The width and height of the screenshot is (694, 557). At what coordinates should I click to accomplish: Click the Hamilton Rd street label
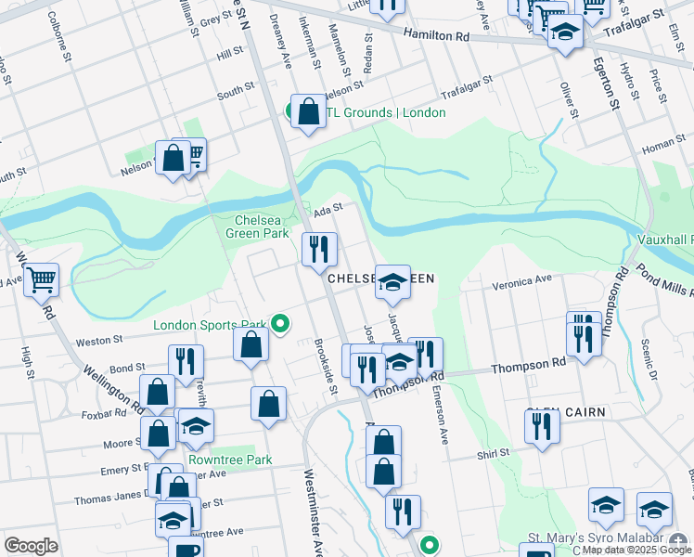436,34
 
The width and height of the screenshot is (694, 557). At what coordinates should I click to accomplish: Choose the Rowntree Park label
230,460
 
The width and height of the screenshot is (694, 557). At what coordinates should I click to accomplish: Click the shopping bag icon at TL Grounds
309,111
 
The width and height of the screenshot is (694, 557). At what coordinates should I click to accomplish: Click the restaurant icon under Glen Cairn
541,426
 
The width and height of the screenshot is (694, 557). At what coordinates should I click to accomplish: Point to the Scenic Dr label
649,360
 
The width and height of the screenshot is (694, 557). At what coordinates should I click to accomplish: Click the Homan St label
662,143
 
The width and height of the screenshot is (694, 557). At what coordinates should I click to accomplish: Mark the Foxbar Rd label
103,415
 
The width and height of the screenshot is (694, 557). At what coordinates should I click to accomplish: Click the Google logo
32,546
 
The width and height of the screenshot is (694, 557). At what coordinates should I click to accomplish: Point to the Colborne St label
60,35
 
